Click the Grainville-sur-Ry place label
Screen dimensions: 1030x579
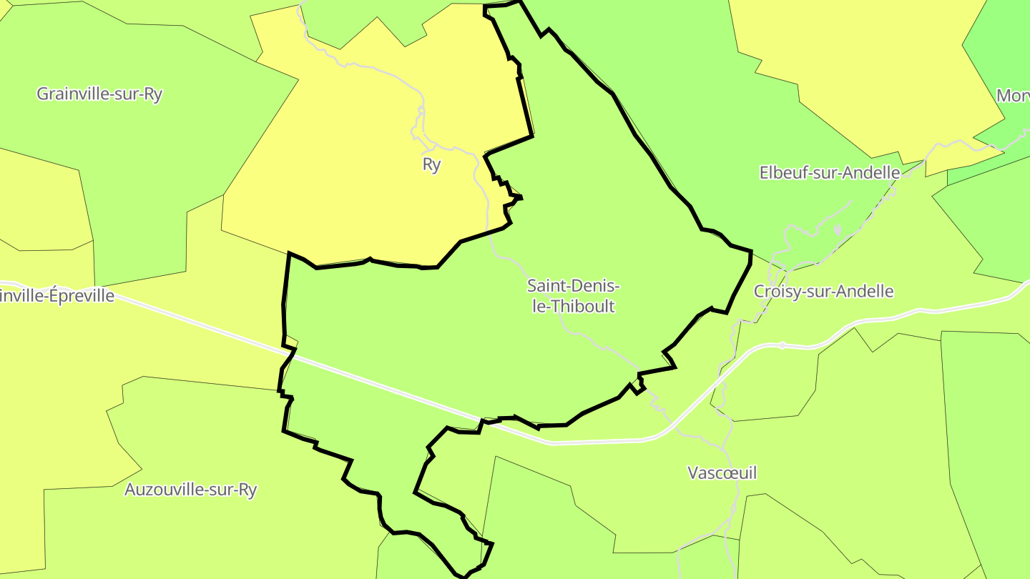pyautogui.click(x=99, y=94)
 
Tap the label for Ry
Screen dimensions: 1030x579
pyautogui.click(x=431, y=164)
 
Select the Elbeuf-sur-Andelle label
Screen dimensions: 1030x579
pyautogui.click(x=829, y=172)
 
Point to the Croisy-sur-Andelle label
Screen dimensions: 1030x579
pyautogui.click(x=823, y=291)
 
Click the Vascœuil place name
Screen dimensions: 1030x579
pyautogui.click(x=722, y=472)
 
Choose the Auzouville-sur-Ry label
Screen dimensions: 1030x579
pyautogui.click(x=190, y=490)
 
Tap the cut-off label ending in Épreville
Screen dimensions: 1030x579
pyautogui.click(x=57, y=295)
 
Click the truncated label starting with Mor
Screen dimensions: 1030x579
pyautogui.click(x=1013, y=95)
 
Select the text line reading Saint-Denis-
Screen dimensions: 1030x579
pyautogui.click(x=573, y=286)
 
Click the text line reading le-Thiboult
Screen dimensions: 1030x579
pyautogui.click(x=572, y=307)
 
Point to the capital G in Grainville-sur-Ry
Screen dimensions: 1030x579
pyautogui.click(x=42, y=94)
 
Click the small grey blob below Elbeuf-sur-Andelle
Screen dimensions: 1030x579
pyautogui.click(x=837, y=230)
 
